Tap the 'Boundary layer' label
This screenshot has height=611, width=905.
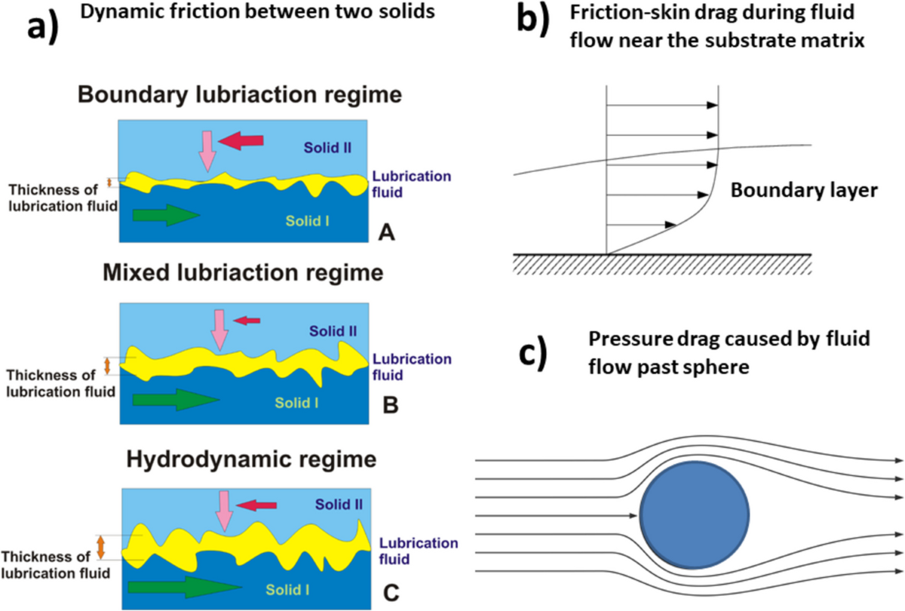click(804, 192)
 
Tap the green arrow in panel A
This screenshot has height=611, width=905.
click(165, 215)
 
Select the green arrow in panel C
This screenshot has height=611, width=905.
click(172, 586)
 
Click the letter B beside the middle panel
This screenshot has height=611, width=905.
click(391, 406)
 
